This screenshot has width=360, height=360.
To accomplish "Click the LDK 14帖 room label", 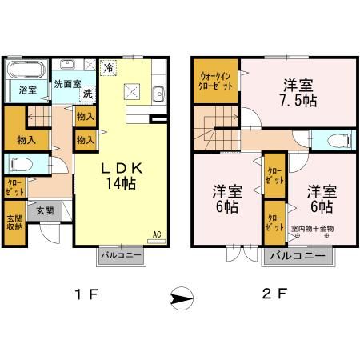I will [121, 175].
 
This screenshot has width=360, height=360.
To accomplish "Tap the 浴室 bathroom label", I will [27, 90].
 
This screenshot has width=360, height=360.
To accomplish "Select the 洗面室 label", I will [68, 82].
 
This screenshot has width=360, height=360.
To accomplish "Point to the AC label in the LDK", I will [158, 234].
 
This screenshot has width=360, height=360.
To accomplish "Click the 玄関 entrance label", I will [44, 211].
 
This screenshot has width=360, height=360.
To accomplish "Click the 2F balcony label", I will [296, 257].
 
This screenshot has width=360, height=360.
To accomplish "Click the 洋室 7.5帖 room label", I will [295, 91].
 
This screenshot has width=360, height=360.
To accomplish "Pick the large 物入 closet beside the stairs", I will [25, 140].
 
